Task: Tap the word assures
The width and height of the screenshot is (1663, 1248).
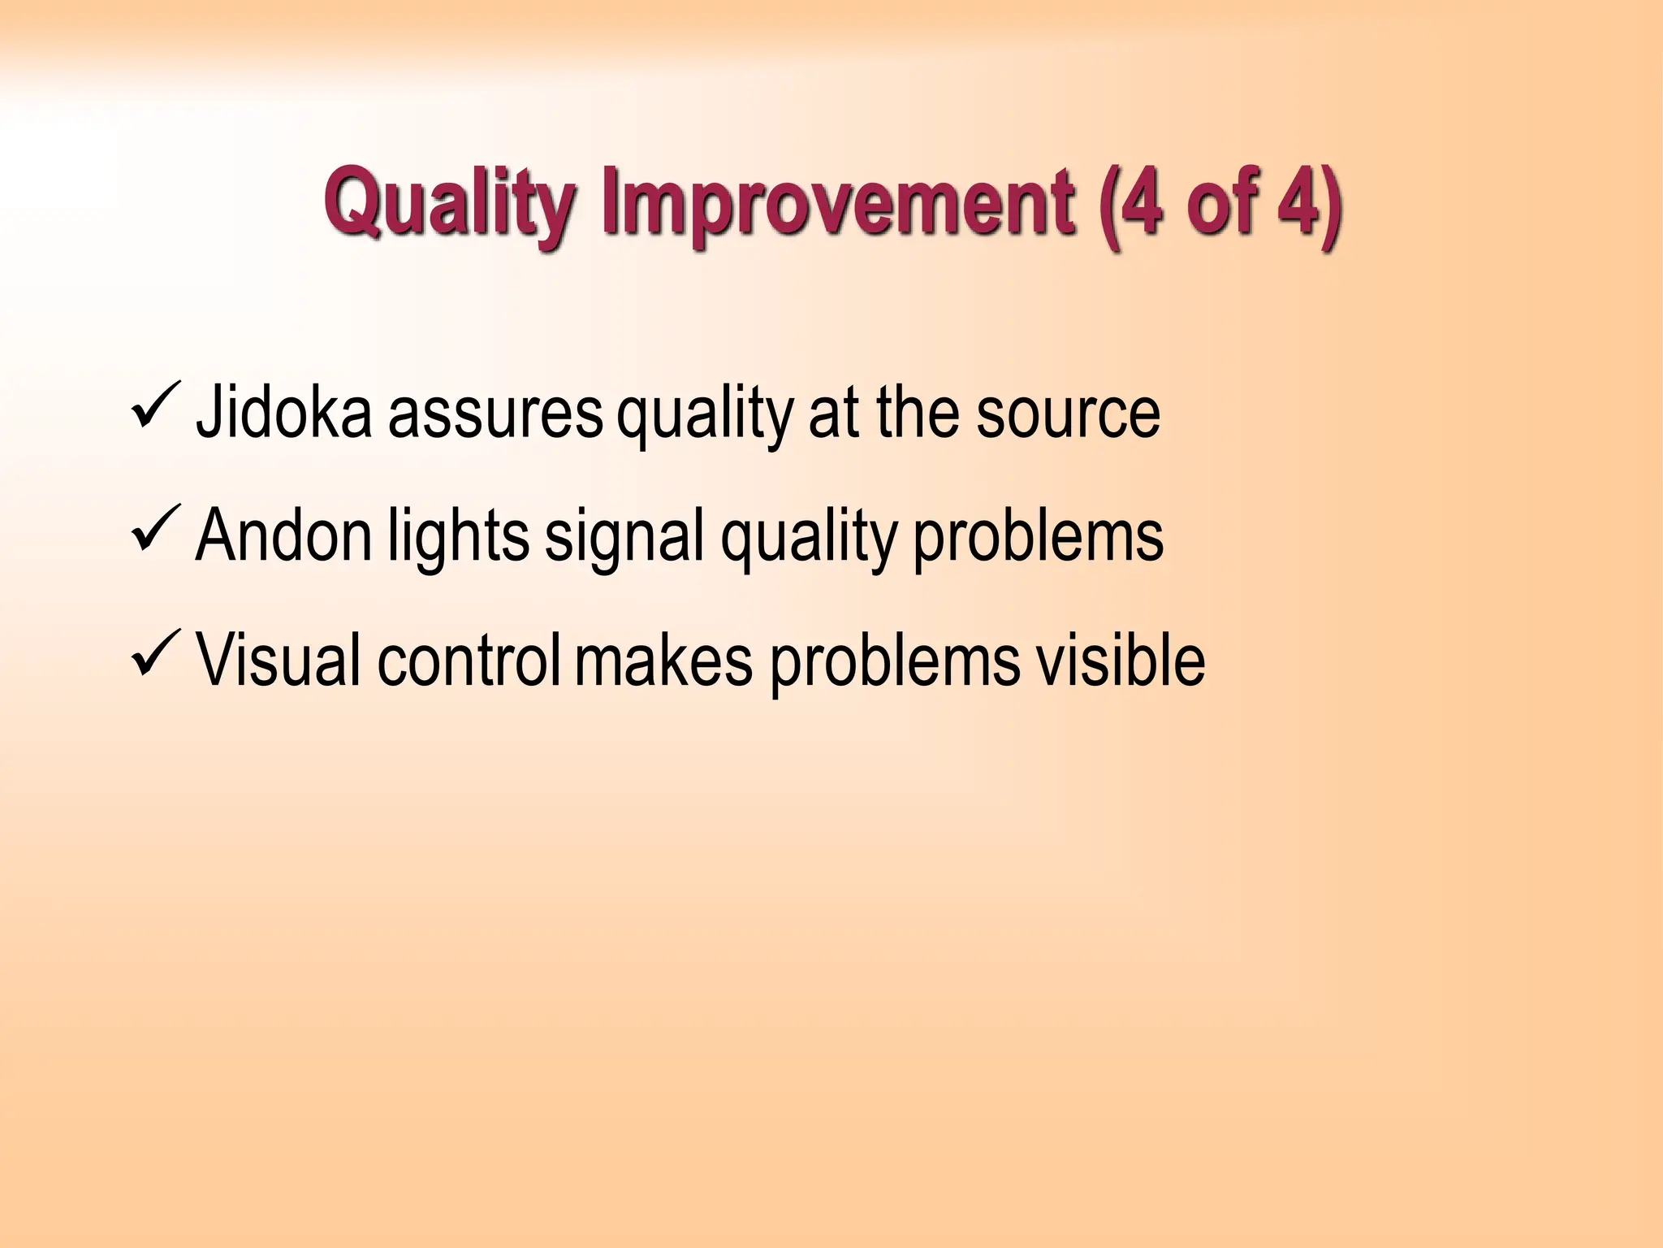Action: point(495,414)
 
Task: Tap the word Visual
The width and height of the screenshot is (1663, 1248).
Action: point(279,661)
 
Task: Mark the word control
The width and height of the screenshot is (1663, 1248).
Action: point(469,661)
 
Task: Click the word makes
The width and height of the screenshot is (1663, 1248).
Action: point(663,661)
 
